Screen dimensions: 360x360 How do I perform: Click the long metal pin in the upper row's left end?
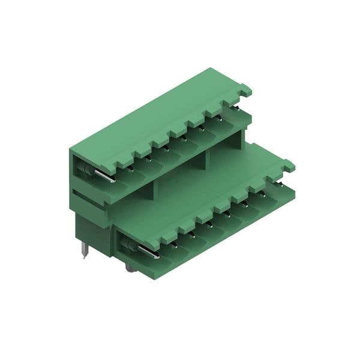[102, 175]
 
